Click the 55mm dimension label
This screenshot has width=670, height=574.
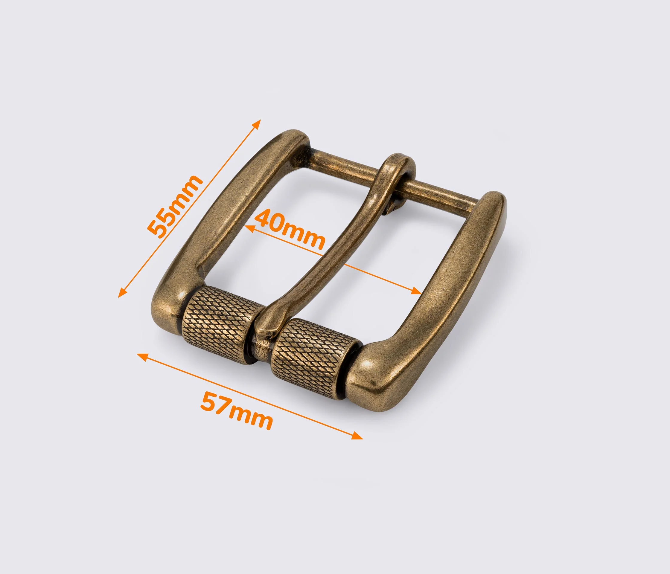point(174,207)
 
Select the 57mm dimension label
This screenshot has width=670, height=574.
point(236,410)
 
